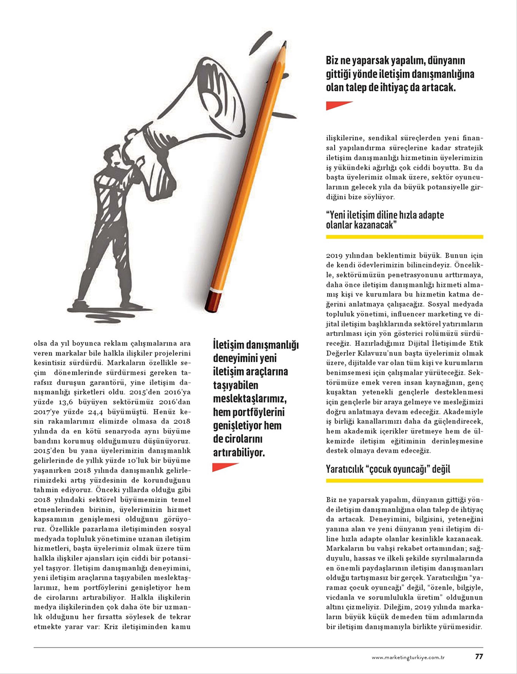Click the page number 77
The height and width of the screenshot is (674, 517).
coord(478,656)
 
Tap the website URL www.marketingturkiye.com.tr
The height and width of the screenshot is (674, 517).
coord(408,657)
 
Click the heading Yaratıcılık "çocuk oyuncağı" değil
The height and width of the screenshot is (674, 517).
coord(388,469)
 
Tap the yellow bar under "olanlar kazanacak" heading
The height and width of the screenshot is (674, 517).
coord(404,237)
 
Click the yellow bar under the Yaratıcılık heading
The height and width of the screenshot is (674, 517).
coord(404,480)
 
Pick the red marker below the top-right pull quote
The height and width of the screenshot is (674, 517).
coord(338,105)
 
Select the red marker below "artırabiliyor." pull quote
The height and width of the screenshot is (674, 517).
coord(224,467)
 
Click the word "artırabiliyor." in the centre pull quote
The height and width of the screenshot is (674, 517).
coord(239,452)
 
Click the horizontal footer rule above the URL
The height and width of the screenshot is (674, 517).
coord(258,647)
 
